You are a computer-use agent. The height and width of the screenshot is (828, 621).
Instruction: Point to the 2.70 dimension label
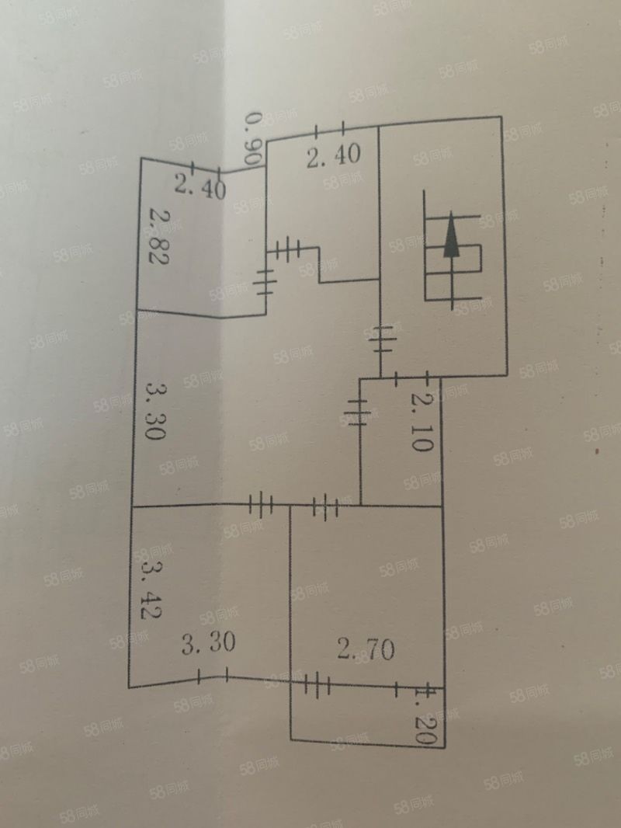click(366, 647)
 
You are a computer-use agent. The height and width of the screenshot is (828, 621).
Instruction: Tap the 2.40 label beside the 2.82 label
click(199, 186)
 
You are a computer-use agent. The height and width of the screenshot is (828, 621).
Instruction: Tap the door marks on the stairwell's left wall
click(382, 339)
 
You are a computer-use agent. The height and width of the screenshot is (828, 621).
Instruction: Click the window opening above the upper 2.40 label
click(331, 130)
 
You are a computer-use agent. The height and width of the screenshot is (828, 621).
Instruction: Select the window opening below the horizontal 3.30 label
click(213, 677)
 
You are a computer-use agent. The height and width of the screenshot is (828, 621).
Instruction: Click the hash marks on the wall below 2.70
click(317, 685)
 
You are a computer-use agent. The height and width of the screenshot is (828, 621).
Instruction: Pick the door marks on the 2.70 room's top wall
click(325, 508)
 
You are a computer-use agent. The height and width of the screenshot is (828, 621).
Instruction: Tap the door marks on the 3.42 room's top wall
click(262, 506)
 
